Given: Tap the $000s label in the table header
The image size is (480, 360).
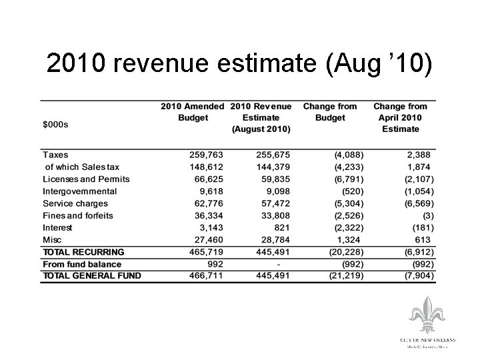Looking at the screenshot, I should click(x=55, y=124).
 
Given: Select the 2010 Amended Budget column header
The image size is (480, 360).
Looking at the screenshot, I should click(x=193, y=112).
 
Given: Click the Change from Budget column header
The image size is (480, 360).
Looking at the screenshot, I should click(x=330, y=112).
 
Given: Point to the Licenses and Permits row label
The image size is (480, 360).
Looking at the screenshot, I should click(x=86, y=179).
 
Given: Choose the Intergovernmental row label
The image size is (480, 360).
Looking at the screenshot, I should click(x=79, y=191).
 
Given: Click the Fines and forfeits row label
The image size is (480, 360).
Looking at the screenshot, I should click(x=78, y=215).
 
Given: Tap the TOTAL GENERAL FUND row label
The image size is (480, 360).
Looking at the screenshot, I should click(x=92, y=276).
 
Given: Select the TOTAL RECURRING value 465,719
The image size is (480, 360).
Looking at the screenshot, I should click(x=205, y=252).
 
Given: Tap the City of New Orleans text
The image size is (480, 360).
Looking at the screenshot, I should click(x=428, y=340).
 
